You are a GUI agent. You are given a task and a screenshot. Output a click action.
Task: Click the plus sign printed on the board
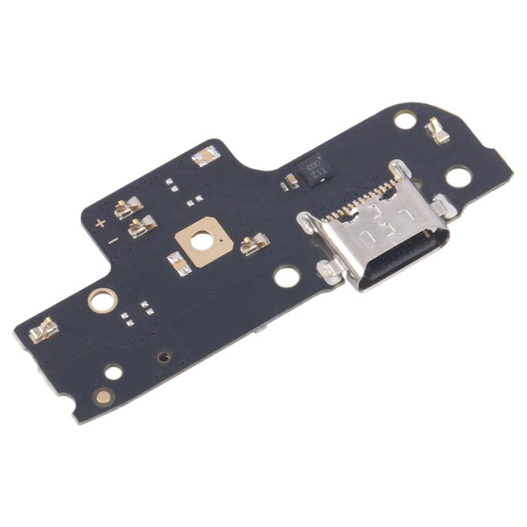[100, 223]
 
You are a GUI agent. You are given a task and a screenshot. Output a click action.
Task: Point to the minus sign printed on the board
[112, 240]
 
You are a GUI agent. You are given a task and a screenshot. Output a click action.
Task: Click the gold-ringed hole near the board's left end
[100, 301]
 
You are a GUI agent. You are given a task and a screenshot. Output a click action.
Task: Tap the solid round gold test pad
[104, 397]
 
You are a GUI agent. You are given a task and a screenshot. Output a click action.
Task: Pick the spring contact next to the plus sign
[129, 207]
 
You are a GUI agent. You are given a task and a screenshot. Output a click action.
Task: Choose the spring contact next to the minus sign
[143, 226]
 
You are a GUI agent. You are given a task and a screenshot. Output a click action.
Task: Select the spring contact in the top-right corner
[438, 130]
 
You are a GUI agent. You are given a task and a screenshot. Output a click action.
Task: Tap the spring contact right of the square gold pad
[254, 245]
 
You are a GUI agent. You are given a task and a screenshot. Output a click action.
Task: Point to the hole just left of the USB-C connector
[287, 276]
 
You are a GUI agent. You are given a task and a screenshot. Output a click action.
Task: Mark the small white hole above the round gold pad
[113, 372]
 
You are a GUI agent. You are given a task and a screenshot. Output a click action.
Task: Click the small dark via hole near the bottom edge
[164, 356]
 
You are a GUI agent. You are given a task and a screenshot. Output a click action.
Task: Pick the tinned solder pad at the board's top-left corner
[205, 156]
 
